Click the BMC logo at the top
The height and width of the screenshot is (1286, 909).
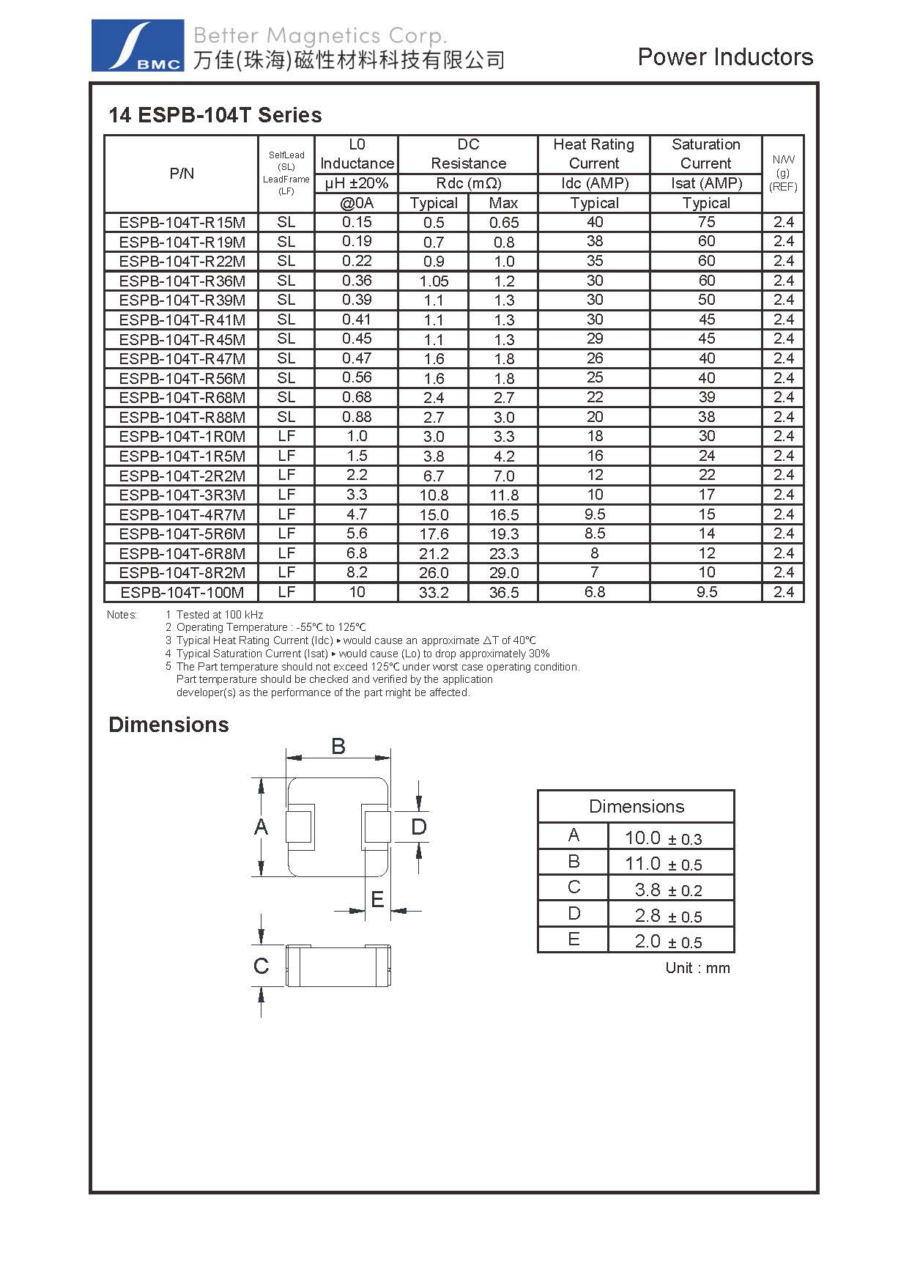point(137,45)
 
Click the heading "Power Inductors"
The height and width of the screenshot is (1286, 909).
point(724,57)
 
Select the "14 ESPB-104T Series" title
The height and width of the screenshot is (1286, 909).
point(215,115)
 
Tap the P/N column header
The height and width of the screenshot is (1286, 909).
point(182,174)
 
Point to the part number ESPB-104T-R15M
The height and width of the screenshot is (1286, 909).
point(182,223)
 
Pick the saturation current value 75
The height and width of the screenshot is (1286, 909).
point(706,223)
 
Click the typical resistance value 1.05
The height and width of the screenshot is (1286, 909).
point(434,281)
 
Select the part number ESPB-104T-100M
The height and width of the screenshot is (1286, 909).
point(182,593)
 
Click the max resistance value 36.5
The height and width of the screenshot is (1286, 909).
point(503,593)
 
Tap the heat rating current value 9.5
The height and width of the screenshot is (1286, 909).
point(594,514)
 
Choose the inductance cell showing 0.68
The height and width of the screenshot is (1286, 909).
point(357,397)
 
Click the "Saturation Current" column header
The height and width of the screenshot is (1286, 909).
point(706,154)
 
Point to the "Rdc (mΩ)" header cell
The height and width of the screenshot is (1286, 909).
point(468,183)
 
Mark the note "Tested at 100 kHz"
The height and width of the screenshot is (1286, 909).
point(219,615)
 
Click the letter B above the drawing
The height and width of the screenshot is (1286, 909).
point(338,746)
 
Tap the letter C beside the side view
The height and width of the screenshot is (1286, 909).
point(261,966)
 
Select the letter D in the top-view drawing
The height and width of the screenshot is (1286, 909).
point(418,827)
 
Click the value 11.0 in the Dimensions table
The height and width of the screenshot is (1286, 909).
point(642,864)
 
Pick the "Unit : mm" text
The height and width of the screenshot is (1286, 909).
point(697,968)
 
